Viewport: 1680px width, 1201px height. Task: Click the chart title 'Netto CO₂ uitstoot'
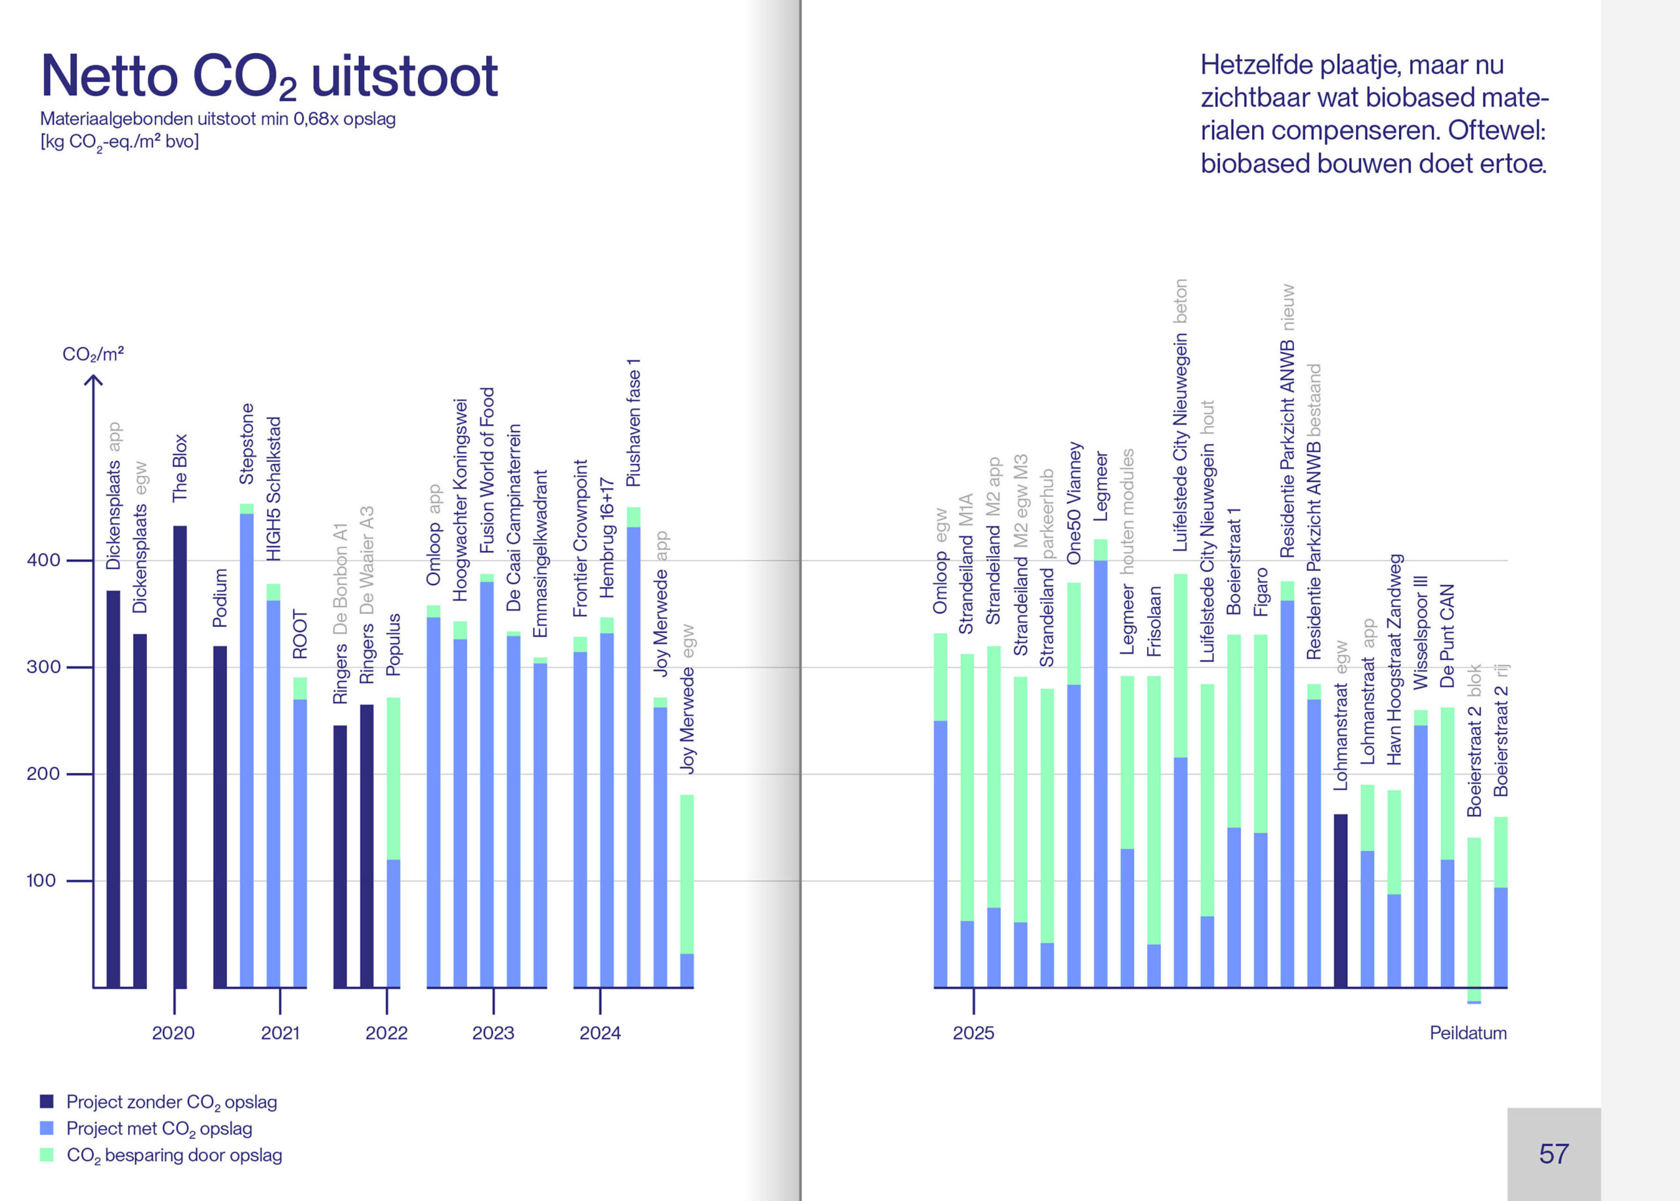click(269, 76)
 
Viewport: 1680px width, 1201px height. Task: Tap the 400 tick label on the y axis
click(43, 560)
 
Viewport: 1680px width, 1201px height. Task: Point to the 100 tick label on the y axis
click(41, 881)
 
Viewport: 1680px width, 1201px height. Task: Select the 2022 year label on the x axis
click(386, 1033)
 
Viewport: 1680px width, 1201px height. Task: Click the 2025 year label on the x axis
click(973, 1033)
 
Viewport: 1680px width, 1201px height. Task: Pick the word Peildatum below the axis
click(1467, 1033)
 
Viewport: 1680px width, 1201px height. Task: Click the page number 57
click(1553, 1154)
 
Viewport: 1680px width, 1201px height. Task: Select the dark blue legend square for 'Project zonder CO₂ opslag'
click(47, 1101)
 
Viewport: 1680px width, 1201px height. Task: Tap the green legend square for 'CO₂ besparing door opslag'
click(47, 1154)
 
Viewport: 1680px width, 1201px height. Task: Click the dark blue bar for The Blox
click(180, 754)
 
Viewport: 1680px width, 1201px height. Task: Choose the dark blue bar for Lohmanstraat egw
click(1340, 900)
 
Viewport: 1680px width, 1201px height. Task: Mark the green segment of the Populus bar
click(393, 778)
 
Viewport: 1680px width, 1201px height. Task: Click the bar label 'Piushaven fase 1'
click(633, 423)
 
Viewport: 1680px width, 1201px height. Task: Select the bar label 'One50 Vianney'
click(1074, 503)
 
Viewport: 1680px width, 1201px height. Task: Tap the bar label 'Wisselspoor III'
click(1420, 632)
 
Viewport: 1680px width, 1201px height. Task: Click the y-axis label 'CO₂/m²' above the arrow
click(93, 354)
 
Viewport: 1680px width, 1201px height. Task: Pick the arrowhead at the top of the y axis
click(93, 380)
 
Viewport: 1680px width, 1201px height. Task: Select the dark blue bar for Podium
click(220, 816)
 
